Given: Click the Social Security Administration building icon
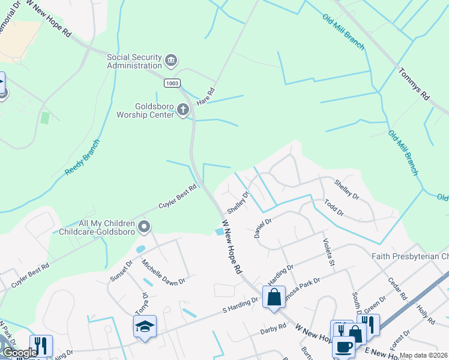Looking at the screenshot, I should tap(171, 61).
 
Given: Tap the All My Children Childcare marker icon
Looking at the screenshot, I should tap(144, 227).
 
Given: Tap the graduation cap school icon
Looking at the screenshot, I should tap(145, 327).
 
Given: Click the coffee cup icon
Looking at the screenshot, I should tap(345, 347).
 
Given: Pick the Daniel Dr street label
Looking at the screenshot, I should tap(263, 228).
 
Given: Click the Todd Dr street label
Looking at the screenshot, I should tap(334, 208).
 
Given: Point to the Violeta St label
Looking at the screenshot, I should tap(328, 252).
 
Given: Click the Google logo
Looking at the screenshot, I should tap(20, 353).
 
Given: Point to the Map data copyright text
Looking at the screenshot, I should tap(423, 355).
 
